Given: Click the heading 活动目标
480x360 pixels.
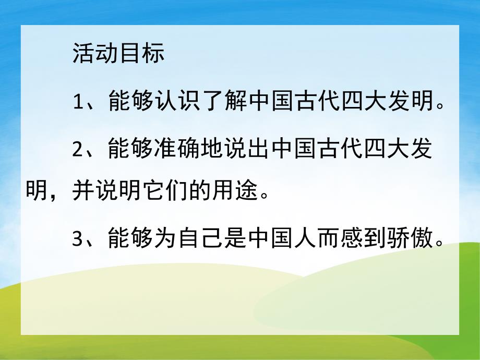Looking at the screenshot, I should click(x=118, y=54).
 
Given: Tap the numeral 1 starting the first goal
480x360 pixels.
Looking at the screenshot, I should click(x=79, y=101).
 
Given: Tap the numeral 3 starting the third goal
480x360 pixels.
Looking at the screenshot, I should click(x=79, y=240).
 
